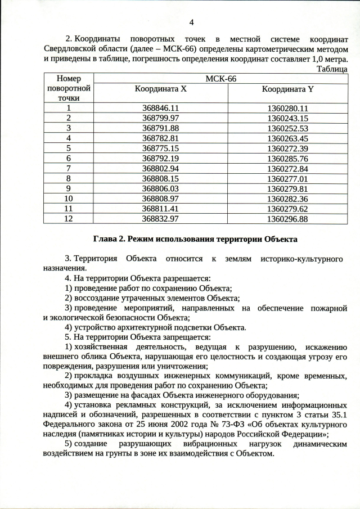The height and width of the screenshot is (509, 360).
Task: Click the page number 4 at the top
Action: pyautogui.click(x=192, y=22)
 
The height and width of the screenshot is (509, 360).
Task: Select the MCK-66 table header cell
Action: pyautogui.click(x=220, y=79)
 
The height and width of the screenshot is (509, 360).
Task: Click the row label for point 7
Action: pyautogui.click(x=69, y=167)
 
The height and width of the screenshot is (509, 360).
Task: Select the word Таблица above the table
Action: pyautogui.click(x=332, y=69)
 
